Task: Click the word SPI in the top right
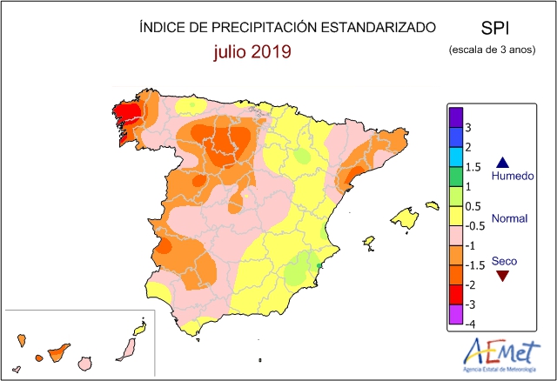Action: point(495,28)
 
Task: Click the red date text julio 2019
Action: point(252,51)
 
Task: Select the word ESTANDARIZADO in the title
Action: point(379,27)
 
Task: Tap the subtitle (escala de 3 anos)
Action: point(492,50)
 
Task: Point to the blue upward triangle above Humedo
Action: point(503,163)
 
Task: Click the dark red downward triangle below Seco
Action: point(503,276)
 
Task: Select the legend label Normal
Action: point(509,218)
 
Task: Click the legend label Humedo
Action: point(513,176)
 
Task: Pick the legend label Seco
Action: point(504,261)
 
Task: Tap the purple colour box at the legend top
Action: point(456,117)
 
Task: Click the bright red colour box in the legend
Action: point(456,295)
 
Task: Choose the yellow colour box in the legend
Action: point(456,216)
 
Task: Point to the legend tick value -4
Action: point(470,324)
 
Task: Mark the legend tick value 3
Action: point(468,127)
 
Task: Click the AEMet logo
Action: point(500,355)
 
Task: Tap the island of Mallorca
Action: point(404,217)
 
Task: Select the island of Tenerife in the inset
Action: point(58,352)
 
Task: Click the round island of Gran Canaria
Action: point(85,364)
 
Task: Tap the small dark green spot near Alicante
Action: point(319,265)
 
